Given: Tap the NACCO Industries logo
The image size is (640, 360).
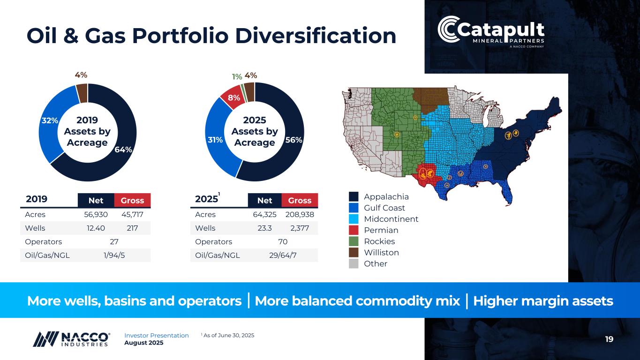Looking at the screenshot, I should click(x=72, y=338).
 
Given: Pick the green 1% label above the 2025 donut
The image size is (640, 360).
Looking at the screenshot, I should click(x=237, y=76).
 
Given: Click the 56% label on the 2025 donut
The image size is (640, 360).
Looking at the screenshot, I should click(x=293, y=140).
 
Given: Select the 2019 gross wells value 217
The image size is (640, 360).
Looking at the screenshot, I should click(x=132, y=228).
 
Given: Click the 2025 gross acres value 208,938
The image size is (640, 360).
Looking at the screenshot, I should click(x=300, y=214).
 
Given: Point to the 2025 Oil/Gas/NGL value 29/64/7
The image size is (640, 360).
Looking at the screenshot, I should click(x=282, y=255).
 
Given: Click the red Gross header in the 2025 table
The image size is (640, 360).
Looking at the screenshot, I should click(x=300, y=201).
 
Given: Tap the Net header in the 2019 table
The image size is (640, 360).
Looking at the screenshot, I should click(x=96, y=201).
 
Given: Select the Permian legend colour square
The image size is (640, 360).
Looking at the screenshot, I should click(x=354, y=230).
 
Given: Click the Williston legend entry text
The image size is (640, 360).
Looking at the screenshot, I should click(x=381, y=253).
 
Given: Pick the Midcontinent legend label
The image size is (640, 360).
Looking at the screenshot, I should click(x=391, y=219).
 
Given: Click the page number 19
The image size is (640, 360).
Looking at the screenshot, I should click(x=609, y=339).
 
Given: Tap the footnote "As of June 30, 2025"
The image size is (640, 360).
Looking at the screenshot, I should click(x=229, y=335).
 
